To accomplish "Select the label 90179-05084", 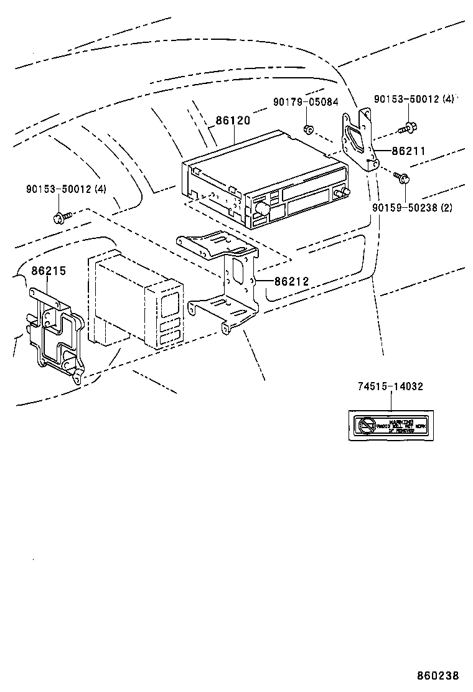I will [x=305, y=101].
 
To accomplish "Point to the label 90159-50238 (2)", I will [x=413, y=207].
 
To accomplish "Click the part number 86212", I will [x=291, y=281].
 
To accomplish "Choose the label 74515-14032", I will [x=390, y=386].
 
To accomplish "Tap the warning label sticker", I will [x=391, y=426].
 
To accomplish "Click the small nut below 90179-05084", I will [x=307, y=129].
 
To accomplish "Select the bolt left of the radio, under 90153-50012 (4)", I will [x=61, y=217].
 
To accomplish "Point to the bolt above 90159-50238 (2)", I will [x=402, y=178].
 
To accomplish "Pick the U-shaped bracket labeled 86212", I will [x=227, y=280].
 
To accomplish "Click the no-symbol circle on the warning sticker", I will [x=365, y=426].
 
